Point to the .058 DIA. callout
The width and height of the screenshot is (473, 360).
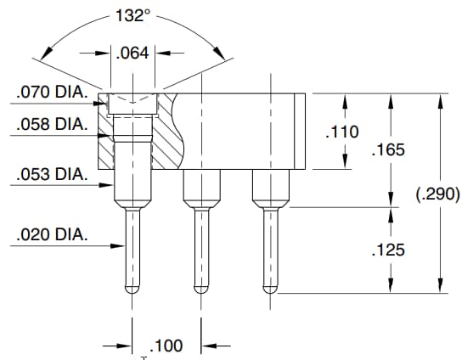point(50,124)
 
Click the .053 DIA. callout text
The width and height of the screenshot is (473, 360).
point(50,176)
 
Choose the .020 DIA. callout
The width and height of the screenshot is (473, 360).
point(50,234)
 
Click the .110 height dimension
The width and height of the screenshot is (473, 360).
point(343,132)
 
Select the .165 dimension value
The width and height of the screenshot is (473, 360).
point(389,149)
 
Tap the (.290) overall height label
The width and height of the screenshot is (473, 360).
point(437,194)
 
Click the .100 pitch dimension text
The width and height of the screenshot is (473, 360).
point(166,346)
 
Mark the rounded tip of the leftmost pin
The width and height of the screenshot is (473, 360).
point(132,289)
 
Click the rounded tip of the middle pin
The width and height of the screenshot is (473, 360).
point(200,289)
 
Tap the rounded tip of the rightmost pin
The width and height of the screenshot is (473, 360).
point(269,289)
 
